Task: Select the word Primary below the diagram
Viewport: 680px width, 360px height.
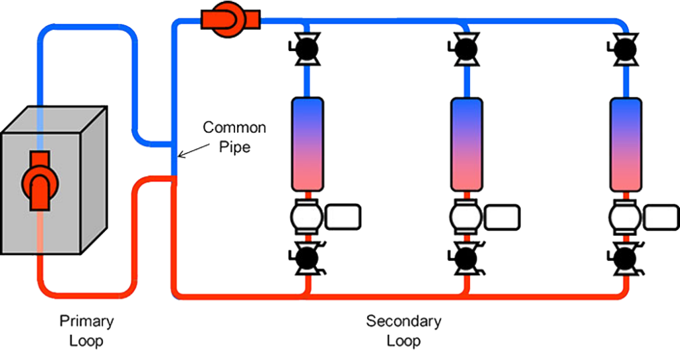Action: pyautogui.click(x=87, y=321)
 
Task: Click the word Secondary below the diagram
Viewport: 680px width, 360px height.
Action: pyautogui.click(x=403, y=321)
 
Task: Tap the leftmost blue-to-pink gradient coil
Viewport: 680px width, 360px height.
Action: pyautogui.click(x=307, y=143)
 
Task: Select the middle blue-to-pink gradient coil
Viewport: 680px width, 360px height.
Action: pyautogui.click(x=467, y=143)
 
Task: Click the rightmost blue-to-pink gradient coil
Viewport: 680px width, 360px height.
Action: pyautogui.click(x=626, y=143)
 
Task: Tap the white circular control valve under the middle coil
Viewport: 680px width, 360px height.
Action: pyautogui.click(x=465, y=217)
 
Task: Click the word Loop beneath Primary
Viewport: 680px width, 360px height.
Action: pyautogui.click(x=87, y=341)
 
